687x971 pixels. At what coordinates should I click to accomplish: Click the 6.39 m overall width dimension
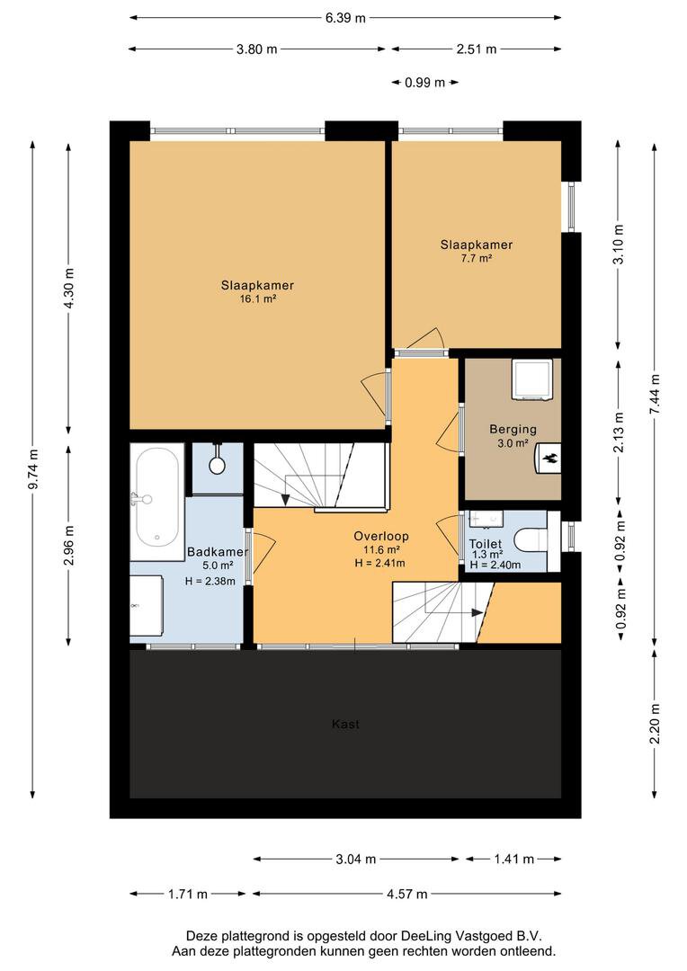(345, 18)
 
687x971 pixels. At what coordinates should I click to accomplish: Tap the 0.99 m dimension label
(425, 83)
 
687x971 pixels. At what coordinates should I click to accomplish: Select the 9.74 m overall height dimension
(33, 468)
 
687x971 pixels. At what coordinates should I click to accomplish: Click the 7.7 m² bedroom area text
(477, 258)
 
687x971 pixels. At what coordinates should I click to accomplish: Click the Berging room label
(513, 429)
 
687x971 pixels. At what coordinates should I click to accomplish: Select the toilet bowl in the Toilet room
(531, 540)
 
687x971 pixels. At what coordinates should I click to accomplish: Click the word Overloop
(381, 536)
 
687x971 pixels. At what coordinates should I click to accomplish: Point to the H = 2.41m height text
(379, 563)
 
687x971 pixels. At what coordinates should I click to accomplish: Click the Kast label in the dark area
(345, 724)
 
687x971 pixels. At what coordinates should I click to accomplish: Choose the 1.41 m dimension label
(513, 859)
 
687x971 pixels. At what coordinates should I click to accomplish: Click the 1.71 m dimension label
(188, 894)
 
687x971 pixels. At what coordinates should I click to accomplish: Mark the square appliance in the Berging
(531, 379)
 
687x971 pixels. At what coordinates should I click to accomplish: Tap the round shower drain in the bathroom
(217, 465)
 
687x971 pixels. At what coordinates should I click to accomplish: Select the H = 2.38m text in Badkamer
(210, 581)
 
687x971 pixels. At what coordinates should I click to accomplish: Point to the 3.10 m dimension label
(619, 244)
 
